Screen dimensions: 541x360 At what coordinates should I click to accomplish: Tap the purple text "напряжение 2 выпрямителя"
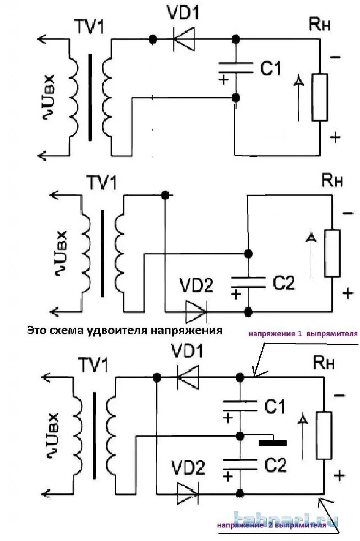272,526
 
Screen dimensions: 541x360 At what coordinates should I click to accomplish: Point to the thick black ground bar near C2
273,443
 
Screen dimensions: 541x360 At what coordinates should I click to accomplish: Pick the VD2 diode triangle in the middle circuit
196,312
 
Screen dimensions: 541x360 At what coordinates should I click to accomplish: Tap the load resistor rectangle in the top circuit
320,98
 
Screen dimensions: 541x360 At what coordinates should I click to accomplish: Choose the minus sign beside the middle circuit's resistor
347,213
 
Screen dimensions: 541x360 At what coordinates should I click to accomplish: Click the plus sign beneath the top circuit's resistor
335,137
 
